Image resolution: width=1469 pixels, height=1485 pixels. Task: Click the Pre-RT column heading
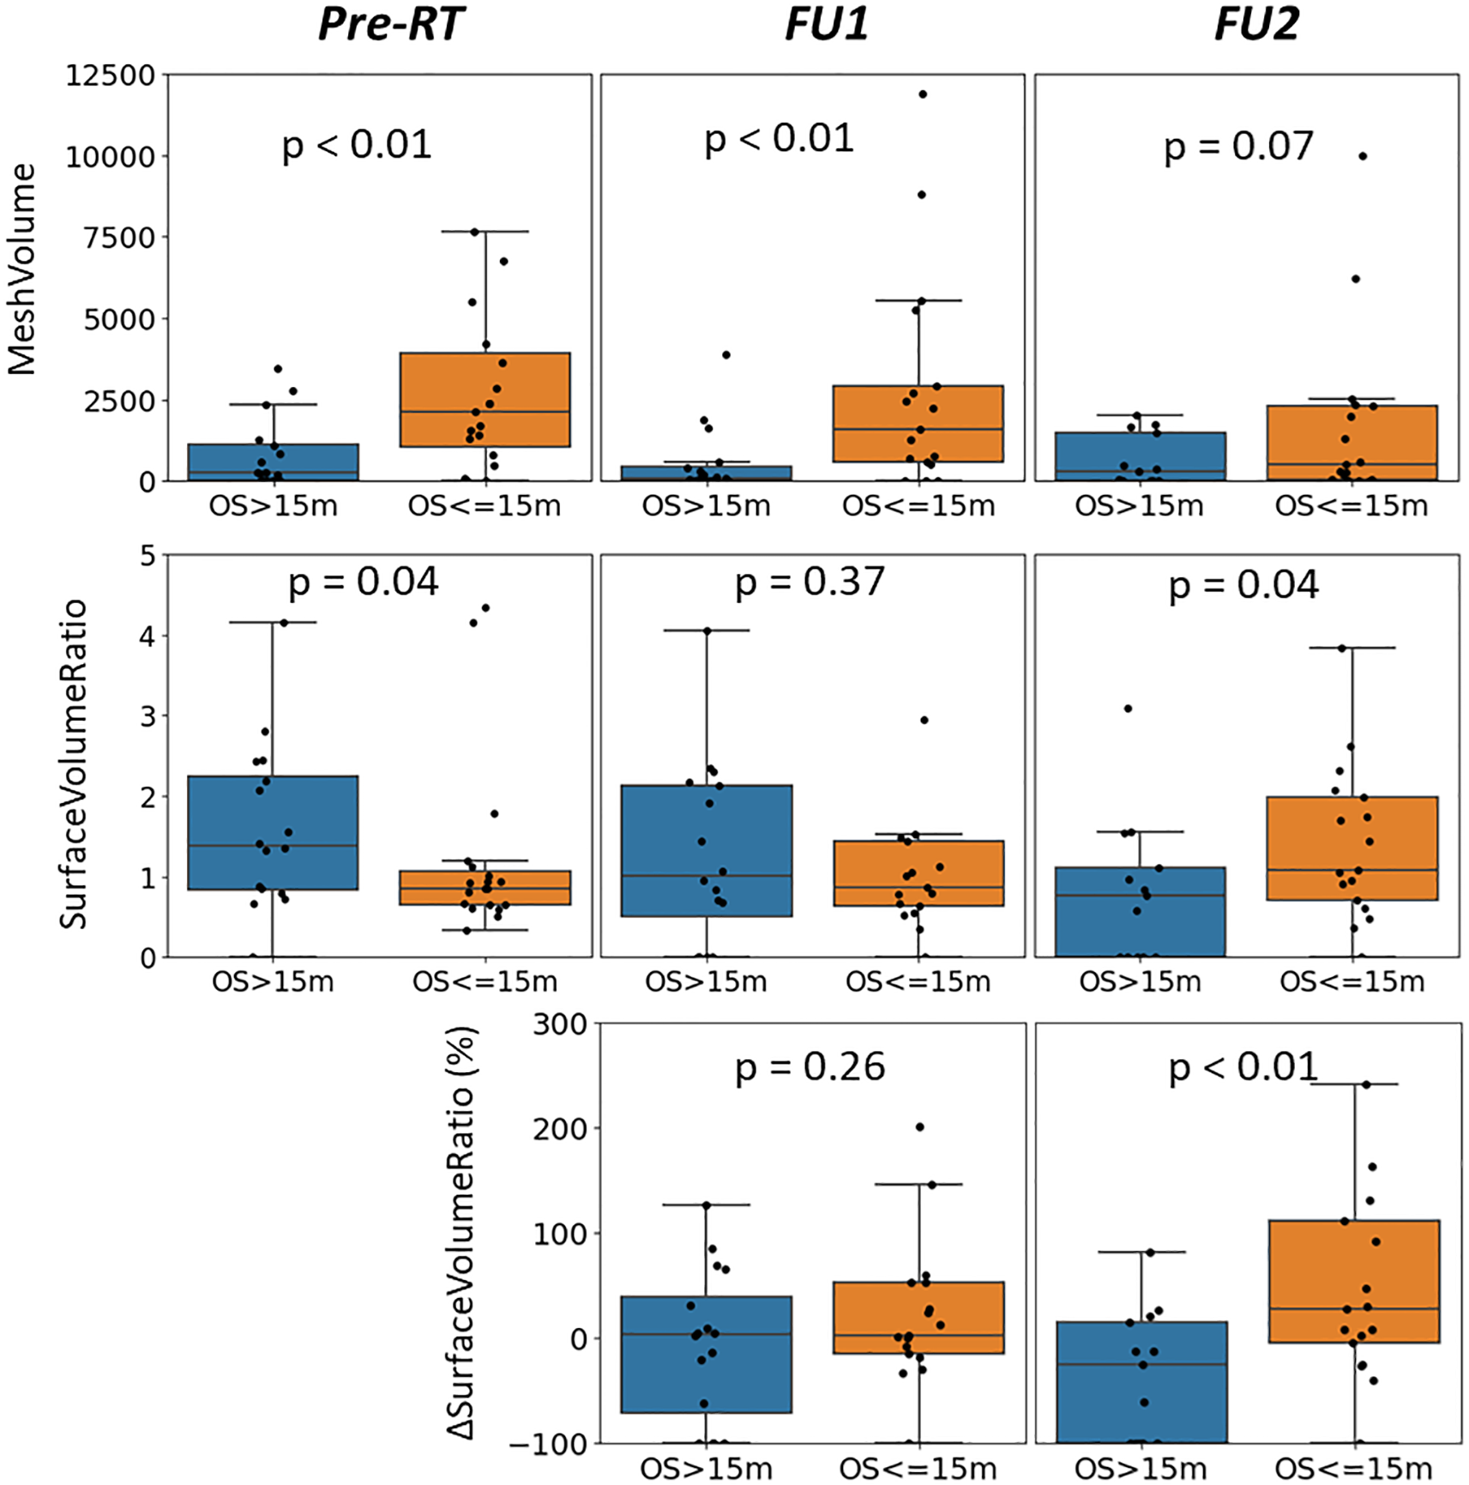click(390, 24)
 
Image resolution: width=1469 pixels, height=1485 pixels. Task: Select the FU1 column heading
click(826, 24)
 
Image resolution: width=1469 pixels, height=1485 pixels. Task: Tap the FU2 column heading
click(1256, 24)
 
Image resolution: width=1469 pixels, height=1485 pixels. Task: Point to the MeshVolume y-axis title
click(22, 269)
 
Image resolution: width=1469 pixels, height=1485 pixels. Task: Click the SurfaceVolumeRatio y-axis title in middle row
click(74, 764)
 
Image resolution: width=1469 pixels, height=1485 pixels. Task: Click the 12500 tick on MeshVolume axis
click(111, 75)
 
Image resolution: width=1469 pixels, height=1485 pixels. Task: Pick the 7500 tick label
click(118, 238)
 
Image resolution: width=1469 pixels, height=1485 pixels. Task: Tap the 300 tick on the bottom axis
click(559, 1024)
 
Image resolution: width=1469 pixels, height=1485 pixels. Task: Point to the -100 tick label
click(548, 1445)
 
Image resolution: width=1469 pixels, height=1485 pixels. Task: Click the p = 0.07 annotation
click(1237, 146)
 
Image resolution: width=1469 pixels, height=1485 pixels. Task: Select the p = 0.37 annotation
click(809, 582)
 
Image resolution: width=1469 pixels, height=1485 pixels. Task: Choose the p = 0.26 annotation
click(809, 1067)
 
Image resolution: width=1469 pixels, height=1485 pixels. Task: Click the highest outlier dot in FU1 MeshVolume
click(923, 94)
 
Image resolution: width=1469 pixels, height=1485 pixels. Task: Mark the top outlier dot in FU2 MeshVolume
click(1363, 156)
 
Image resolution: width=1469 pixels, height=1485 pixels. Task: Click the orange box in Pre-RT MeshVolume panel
click(485, 399)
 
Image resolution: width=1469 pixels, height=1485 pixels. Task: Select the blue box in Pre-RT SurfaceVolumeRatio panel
click(273, 832)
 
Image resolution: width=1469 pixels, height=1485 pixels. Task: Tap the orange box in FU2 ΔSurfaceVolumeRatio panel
click(1353, 1281)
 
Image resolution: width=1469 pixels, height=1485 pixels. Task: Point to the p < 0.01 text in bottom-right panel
click(1243, 1067)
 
